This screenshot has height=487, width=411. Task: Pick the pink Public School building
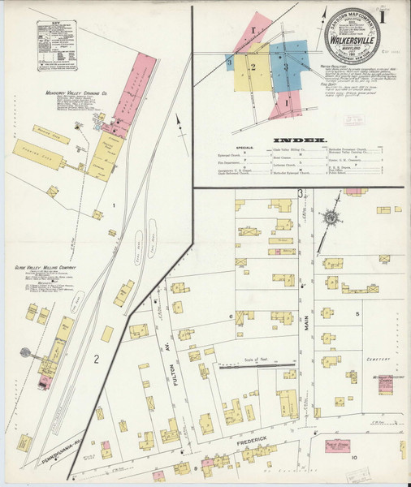click(338, 446)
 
